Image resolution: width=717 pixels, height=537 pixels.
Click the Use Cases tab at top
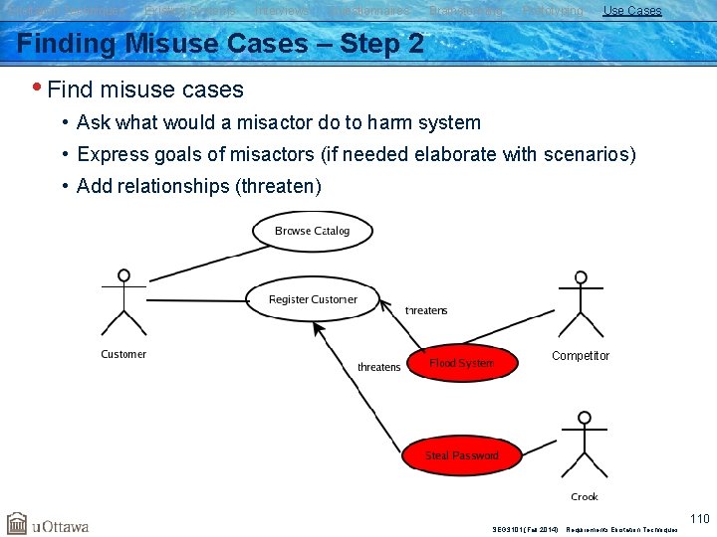click(x=631, y=11)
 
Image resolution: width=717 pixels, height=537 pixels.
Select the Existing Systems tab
click(x=190, y=11)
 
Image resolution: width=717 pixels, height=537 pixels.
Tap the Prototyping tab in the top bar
click(x=553, y=11)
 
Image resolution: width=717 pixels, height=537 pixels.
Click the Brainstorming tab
click(x=465, y=11)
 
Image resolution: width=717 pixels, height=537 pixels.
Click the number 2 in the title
click(x=415, y=44)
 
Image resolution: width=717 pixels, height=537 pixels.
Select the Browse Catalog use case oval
click(x=312, y=231)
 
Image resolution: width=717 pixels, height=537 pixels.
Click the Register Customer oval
click(x=313, y=299)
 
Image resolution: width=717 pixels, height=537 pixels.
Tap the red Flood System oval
click(x=462, y=364)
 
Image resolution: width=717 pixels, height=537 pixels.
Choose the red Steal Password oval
click(x=462, y=455)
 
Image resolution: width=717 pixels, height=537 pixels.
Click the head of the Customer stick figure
click(x=123, y=275)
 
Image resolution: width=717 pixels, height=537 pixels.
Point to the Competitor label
click(x=581, y=356)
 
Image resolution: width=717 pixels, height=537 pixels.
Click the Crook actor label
click(x=585, y=496)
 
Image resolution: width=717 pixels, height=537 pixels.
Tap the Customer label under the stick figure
click(x=123, y=354)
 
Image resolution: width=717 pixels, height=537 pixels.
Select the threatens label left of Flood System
click(x=378, y=367)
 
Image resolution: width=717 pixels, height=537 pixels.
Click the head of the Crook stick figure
click(x=585, y=418)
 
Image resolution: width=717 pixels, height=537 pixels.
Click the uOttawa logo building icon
click(x=17, y=524)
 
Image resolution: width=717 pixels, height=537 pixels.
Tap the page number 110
click(x=700, y=518)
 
